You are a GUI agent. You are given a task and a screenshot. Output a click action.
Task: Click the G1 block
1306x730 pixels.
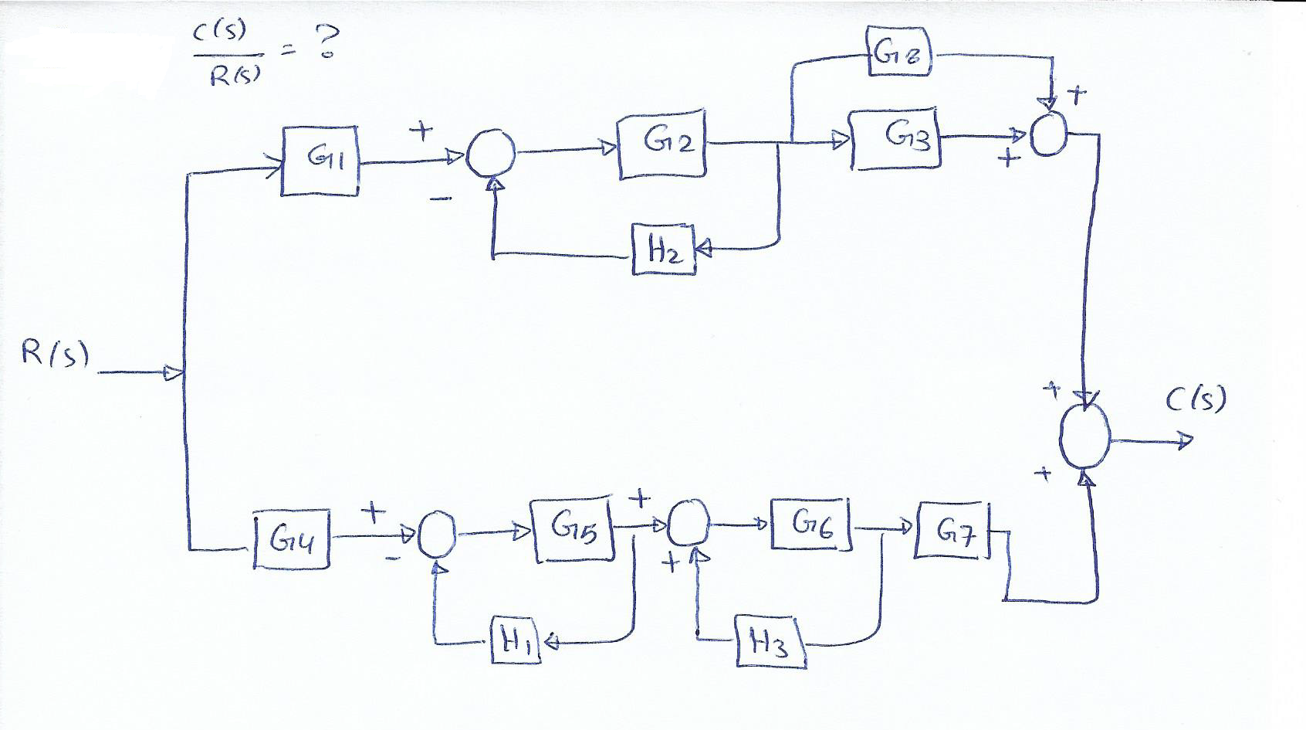pyautogui.click(x=320, y=161)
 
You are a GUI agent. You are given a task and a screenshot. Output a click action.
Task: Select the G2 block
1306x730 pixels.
pyautogui.click(x=661, y=144)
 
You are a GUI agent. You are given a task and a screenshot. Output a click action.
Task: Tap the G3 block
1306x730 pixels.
pyautogui.click(x=895, y=138)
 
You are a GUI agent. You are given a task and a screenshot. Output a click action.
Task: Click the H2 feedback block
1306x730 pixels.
pyautogui.click(x=663, y=249)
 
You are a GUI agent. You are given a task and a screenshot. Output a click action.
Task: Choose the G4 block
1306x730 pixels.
pyautogui.click(x=292, y=539)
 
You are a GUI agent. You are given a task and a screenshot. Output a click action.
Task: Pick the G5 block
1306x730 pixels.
pyautogui.click(x=573, y=529)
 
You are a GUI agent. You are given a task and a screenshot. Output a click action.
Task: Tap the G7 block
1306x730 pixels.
pyautogui.click(x=952, y=531)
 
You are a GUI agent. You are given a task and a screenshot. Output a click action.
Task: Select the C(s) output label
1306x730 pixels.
pyautogui.click(x=1196, y=400)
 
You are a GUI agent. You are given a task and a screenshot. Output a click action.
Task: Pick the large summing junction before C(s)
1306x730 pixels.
pyautogui.click(x=1084, y=437)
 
